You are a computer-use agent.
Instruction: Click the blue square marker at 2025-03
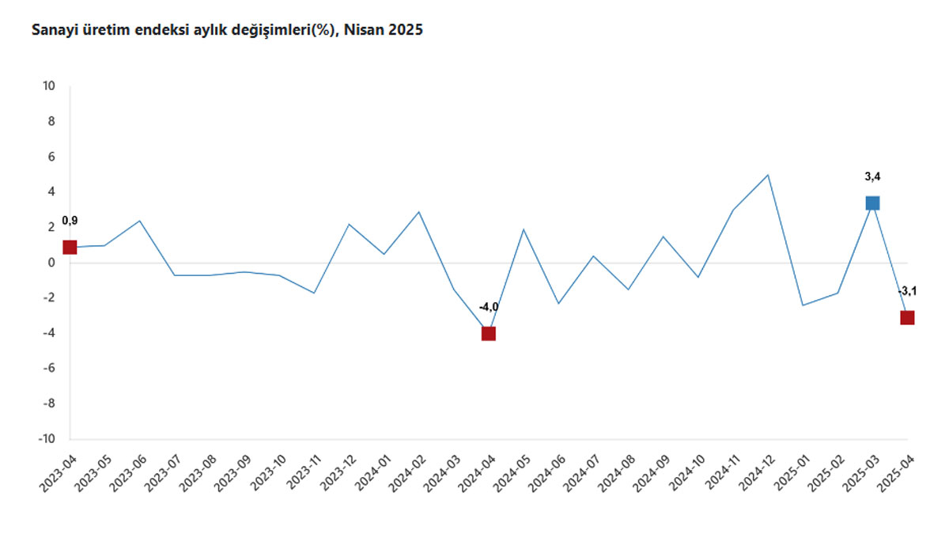click(872, 203)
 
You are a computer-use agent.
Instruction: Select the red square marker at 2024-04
click(489, 334)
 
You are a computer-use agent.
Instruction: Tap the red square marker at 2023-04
click(70, 247)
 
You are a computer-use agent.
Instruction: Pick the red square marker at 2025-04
click(907, 317)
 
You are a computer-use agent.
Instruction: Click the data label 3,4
click(872, 176)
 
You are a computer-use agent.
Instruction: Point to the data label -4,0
click(489, 307)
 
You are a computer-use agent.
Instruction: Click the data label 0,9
click(70, 221)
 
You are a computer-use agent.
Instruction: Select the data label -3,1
click(907, 291)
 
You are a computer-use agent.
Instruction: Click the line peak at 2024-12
click(768, 175)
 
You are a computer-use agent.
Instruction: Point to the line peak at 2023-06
click(139, 221)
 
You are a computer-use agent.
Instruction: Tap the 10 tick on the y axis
click(49, 86)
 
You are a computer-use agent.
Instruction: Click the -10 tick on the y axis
click(47, 438)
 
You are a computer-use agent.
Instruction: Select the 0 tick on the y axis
click(51, 263)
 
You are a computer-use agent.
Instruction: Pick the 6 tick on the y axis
click(51, 157)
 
